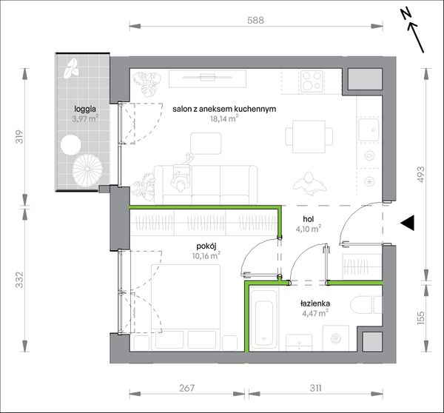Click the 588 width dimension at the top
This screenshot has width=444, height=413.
[255, 20]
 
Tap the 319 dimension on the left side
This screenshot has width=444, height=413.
[19, 137]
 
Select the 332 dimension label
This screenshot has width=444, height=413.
[19, 280]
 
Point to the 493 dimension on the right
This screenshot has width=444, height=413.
[421, 174]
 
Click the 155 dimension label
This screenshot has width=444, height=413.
[421, 318]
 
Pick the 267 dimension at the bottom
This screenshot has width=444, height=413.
[187, 388]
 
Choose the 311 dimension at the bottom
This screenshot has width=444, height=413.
[315, 388]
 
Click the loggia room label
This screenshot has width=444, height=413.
[85, 109]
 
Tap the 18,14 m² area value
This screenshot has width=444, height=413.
[223, 118]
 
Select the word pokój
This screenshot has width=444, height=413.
[206, 246]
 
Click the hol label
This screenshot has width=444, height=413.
[309, 219]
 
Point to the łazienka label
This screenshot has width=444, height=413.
[315, 303]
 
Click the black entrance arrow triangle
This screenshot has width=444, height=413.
[408, 223]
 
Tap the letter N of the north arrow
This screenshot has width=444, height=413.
[406, 13]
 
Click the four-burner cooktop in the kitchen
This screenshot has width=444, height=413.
[312, 81]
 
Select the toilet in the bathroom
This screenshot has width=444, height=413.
[366, 306]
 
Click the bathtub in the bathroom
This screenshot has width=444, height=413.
[264, 322]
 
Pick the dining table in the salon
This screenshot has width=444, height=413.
[309, 136]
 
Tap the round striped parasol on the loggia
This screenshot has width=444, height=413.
[87, 170]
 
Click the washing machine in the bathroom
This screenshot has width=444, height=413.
[336, 338]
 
